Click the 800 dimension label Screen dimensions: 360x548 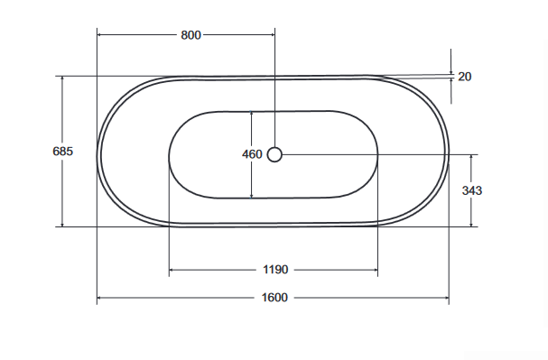190,35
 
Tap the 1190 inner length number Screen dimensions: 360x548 274,270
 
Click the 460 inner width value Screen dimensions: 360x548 252,154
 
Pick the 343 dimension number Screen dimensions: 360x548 471,190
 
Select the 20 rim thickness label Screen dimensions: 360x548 464,77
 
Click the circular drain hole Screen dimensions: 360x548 275,154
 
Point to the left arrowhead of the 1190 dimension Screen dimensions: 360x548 172,270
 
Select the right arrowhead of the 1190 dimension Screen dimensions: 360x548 375,270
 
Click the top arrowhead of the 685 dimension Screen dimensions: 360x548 62,79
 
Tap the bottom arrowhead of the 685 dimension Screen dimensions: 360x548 62,224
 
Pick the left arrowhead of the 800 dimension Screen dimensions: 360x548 99,35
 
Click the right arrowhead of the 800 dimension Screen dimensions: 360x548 272,35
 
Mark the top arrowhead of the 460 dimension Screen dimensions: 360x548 252,114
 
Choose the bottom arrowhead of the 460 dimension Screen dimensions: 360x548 252,195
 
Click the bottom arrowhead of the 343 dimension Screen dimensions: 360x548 471,224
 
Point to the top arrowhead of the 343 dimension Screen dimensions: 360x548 471,157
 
